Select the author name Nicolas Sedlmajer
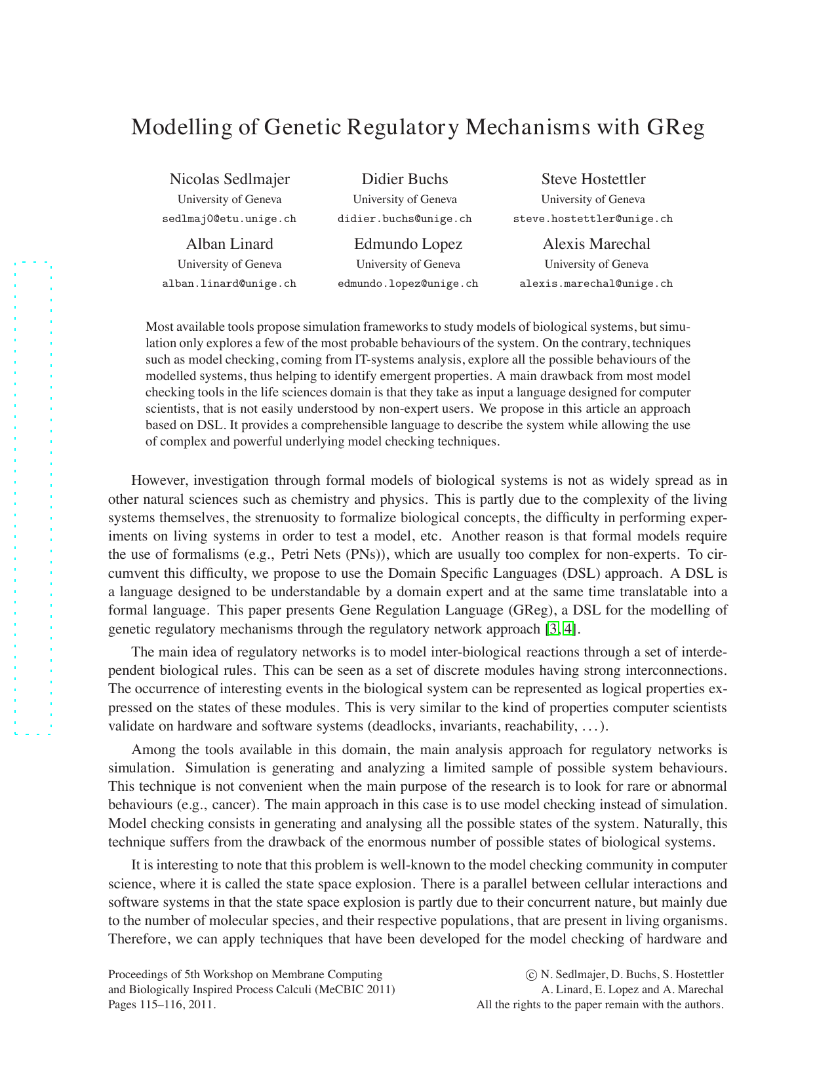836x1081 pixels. (229, 180)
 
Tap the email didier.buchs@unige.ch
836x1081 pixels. (405, 219)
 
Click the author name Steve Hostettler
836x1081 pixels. (593, 180)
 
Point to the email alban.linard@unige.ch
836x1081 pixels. (229, 284)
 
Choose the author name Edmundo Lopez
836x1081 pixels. (408, 244)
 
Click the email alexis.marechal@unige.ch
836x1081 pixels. (596, 284)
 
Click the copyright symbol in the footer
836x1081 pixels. (531, 975)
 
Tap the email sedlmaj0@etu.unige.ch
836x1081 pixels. (229, 219)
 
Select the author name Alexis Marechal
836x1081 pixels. (596, 244)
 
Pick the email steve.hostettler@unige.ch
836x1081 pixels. (593, 219)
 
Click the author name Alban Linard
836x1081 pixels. (229, 244)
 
